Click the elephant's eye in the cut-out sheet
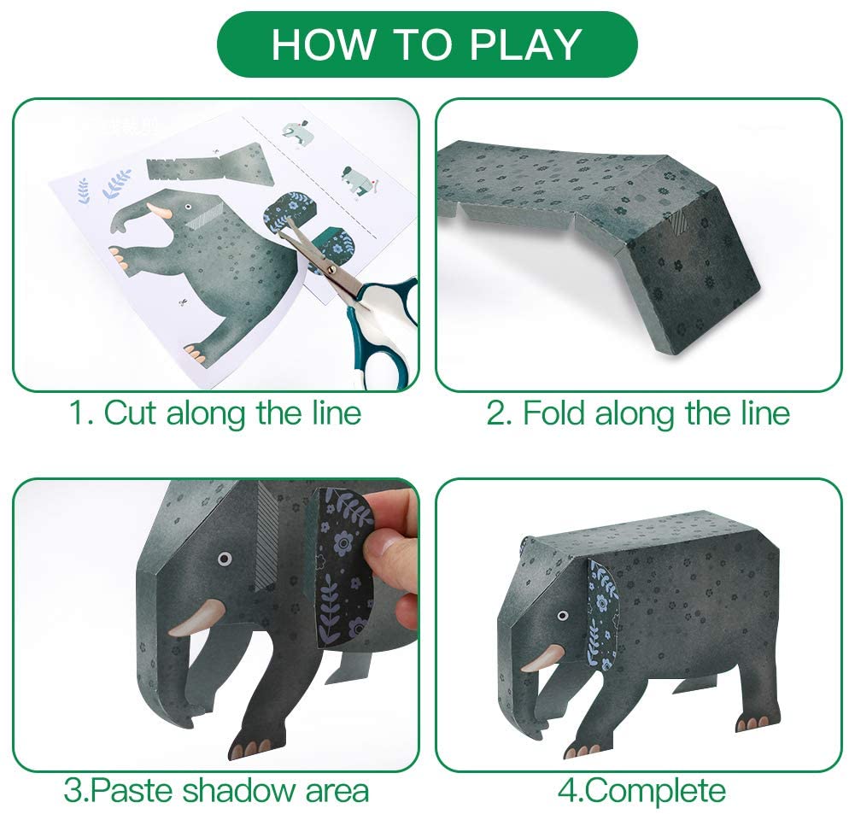(189, 208)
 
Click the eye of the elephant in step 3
(224, 559)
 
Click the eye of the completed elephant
(563, 615)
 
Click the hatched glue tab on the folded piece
(676, 223)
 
